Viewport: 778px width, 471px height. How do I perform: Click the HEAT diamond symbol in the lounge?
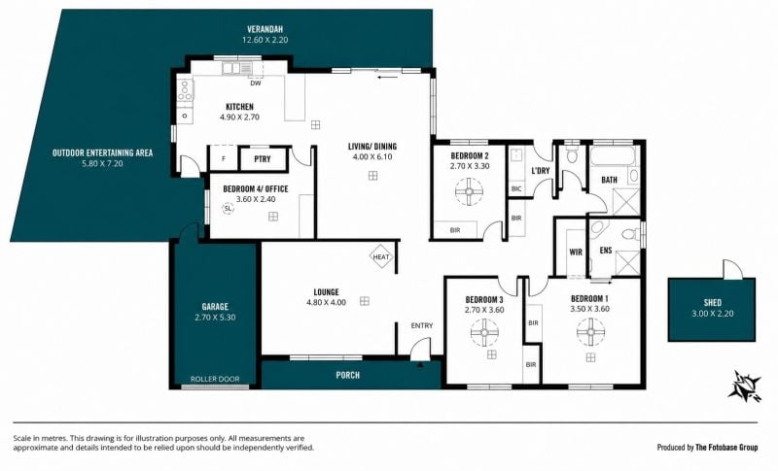coord(381,256)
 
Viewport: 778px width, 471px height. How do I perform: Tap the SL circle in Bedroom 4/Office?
coord(228,209)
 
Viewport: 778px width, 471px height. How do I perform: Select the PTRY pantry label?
coord(262,159)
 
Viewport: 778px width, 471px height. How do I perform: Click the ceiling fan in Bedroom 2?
coord(469,191)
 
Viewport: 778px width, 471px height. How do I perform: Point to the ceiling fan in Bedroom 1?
coord(591,332)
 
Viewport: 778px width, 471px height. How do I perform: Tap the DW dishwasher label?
coord(256,84)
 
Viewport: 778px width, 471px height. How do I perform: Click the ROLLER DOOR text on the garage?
coord(215,379)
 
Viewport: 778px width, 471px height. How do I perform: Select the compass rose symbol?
coord(744,386)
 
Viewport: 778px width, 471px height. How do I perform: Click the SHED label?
coord(713,302)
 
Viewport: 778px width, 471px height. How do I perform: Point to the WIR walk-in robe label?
coord(576,252)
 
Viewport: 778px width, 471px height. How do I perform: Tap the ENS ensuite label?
coord(606,251)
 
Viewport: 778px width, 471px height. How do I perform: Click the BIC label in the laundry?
coord(516,188)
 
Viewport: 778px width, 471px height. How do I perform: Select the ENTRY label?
coord(422,325)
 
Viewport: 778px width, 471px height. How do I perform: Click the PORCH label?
coord(348,375)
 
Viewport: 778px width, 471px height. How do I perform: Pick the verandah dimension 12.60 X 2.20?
coord(265,40)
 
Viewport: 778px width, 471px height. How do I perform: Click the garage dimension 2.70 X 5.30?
coord(215,318)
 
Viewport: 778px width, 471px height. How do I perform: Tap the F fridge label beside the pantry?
coord(224,159)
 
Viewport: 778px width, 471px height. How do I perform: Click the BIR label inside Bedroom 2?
coord(455,230)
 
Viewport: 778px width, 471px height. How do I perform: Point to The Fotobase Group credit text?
coord(726,448)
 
